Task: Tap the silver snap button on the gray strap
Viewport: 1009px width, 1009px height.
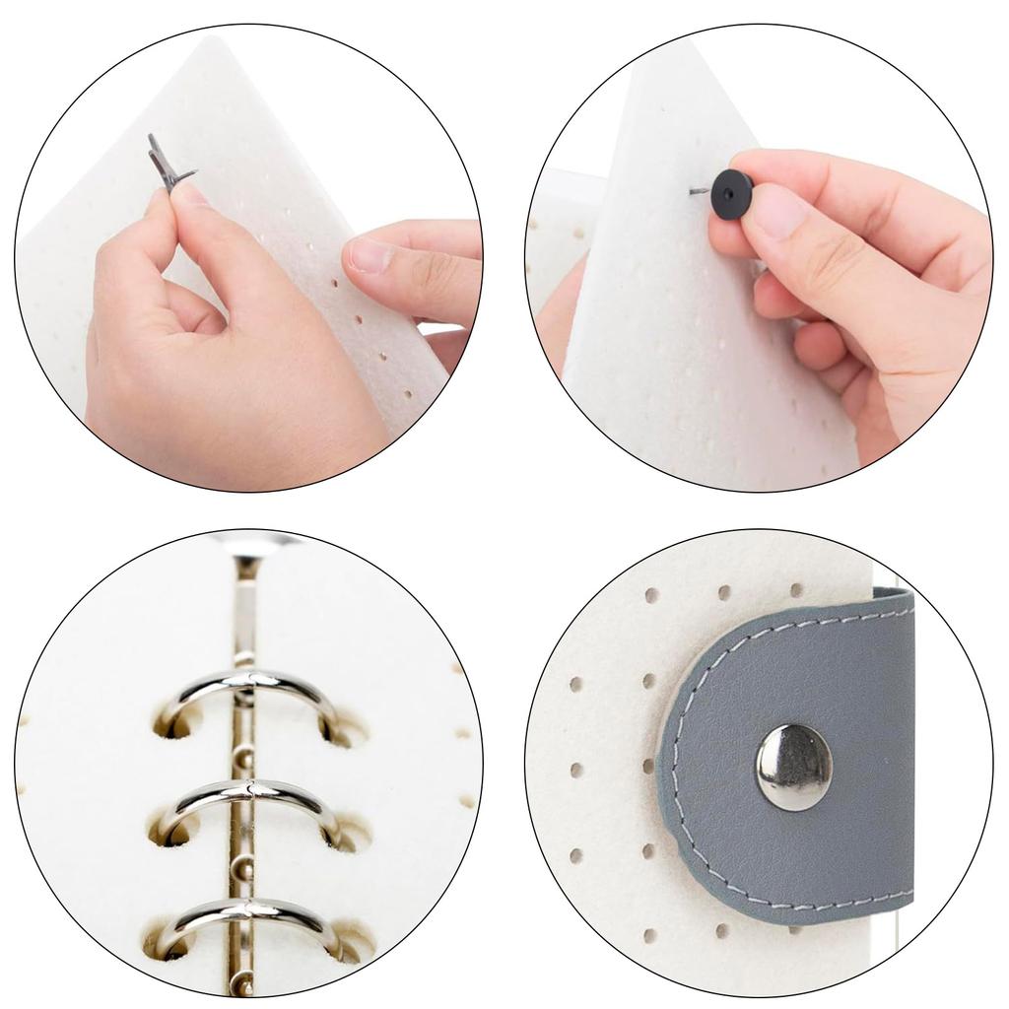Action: pyautogui.click(x=793, y=767)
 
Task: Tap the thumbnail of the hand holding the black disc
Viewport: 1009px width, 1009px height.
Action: pyautogui.click(x=778, y=209)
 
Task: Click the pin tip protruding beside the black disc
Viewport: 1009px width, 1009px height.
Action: pyautogui.click(x=699, y=190)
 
